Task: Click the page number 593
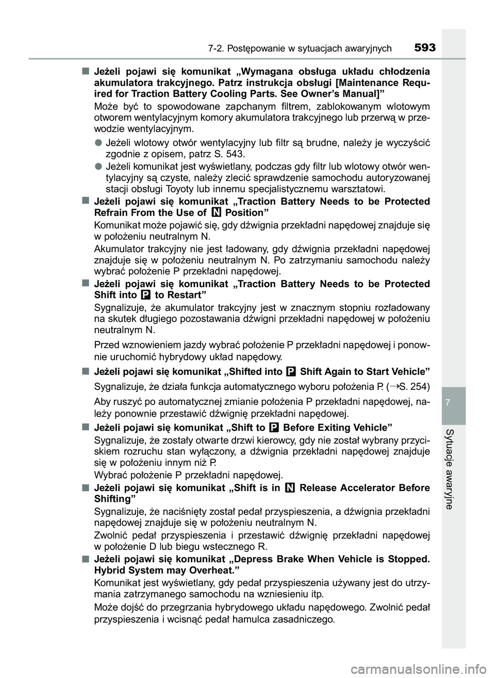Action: point(424,48)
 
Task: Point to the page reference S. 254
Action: point(410,387)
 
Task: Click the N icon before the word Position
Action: point(217,213)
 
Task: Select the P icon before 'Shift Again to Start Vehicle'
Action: point(291,372)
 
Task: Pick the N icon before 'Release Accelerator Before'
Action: point(290,488)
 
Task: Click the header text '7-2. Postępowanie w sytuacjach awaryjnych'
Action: point(300,49)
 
